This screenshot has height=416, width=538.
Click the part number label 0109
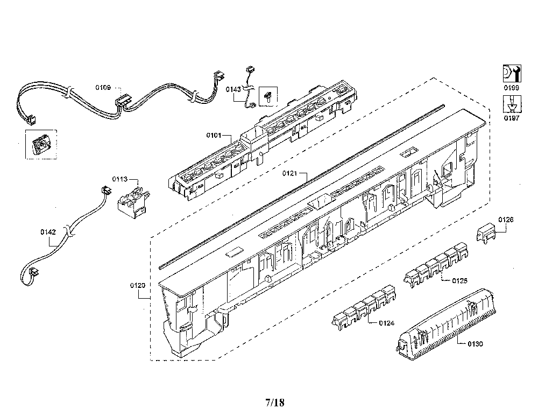click(x=103, y=88)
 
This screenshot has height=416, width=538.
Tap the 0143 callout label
click(x=233, y=89)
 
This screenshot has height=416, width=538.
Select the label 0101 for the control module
click(x=214, y=135)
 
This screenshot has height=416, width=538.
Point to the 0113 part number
click(x=120, y=179)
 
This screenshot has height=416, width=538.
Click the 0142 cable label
click(x=48, y=232)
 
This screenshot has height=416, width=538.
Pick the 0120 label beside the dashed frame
click(x=138, y=285)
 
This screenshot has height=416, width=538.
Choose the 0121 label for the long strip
click(x=289, y=173)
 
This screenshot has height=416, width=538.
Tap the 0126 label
click(x=506, y=220)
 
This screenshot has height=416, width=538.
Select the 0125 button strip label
click(x=459, y=281)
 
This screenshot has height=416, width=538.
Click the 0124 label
click(x=387, y=323)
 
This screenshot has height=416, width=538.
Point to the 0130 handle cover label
click(x=475, y=344)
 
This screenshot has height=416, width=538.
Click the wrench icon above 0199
click(x=512, y=73)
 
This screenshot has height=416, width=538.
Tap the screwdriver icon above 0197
click(x=512, y=104)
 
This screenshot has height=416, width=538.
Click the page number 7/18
click(x=275, y=402)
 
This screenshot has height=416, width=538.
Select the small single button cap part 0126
click(x=487, y=232)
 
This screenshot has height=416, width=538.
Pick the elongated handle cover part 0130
click(x=446, y=325)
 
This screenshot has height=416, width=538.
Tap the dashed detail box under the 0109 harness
click(x=41, y=144)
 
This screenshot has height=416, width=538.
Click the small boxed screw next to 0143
click(x=268, y=96)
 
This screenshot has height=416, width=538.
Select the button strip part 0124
click(x=364, y=307)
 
